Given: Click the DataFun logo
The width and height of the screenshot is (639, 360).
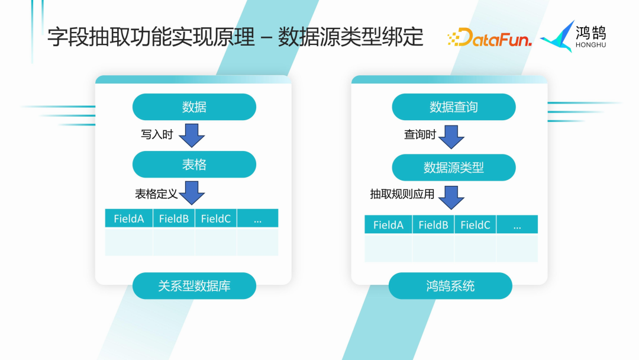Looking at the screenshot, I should click(489, 38).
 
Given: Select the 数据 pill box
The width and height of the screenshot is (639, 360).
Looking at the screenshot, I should click(194, 107).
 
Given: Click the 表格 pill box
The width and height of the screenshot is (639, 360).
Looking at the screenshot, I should click(194, 165).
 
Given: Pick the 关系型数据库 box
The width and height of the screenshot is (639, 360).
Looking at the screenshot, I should click(194, 286).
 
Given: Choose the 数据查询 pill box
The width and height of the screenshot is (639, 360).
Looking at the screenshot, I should click(454, 107).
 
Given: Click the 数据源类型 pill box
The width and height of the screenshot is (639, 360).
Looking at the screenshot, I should click(454, 168).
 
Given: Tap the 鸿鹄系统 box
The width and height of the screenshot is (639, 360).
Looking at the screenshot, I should click(450, 286).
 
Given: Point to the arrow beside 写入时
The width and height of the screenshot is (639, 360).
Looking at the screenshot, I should click(192, 136).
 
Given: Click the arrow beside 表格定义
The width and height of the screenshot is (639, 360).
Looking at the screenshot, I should click(192, 193).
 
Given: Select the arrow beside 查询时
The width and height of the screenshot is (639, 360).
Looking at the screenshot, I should click(451, 137).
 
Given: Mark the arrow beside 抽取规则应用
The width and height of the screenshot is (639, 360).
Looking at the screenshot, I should click(451, 197).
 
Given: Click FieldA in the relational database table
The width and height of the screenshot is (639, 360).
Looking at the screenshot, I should click(129, 218).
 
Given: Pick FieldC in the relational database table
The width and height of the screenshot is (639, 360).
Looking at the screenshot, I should click(215, 218).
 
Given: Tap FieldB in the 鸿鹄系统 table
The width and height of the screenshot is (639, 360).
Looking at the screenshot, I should click(433, 225).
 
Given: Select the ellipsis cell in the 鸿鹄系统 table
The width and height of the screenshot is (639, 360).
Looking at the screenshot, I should click(517, 225).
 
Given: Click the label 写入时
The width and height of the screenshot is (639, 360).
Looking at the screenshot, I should click(157, 135).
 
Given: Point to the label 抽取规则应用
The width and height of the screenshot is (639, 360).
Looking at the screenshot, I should click(402, 194).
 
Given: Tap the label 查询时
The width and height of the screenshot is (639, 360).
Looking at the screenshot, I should click(420, 135).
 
